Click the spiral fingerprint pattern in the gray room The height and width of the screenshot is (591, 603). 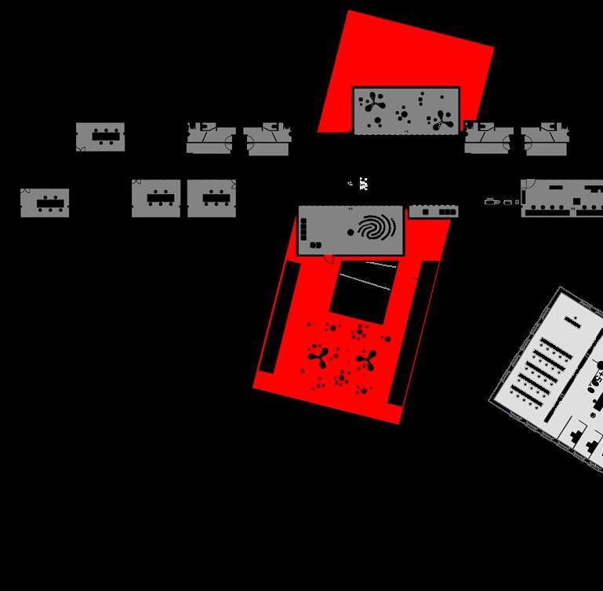click(x=376, y=228)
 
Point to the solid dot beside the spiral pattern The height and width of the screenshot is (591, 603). click(x=351, y=232)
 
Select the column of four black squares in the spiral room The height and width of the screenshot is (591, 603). click(x=303, y=229)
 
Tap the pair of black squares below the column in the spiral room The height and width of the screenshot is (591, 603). click(x=316, y=246)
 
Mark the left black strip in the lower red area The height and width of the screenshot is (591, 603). click(x=279, y=316)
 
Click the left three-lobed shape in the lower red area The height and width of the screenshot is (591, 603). click(x=318, y=357)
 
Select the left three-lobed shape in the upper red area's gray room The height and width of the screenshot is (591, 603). click(x=373, y=104)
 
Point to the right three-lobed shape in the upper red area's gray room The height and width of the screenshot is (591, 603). click(x=443, y=119)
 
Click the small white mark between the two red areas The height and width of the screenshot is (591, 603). click(x=363, y=184)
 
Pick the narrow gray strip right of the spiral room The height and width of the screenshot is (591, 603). click(x=434, y=211)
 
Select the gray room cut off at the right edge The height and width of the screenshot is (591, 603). click(x=561, y=198)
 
